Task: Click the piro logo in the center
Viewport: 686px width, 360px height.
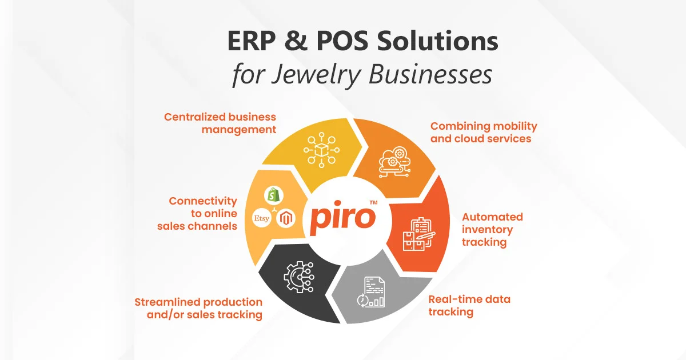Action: point(343,217)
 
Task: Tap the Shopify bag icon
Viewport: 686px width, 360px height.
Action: point(273,195)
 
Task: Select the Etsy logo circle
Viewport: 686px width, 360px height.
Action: point(262,218)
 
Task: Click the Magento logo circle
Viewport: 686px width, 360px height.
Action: point(286,218)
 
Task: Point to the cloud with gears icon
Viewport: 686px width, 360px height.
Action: point(395,162)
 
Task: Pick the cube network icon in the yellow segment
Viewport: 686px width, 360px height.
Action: point(321,150)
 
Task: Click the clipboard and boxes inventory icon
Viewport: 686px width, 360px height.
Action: point(419,234)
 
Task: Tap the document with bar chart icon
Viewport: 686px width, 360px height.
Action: point(371,293)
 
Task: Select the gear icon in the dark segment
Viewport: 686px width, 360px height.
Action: point(299,277)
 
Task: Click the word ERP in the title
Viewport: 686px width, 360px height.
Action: point(251,41)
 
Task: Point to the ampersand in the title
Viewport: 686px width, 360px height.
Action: point(296,41)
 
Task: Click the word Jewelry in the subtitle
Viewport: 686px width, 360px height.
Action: point(316,75)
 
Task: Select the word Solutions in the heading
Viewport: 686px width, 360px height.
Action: point(437,41)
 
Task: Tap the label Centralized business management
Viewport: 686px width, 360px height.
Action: point(220,123)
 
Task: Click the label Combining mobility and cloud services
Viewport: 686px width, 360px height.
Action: point(484,132)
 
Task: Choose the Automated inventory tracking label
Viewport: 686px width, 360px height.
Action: point(492,229)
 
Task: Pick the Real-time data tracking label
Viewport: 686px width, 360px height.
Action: point(469,306)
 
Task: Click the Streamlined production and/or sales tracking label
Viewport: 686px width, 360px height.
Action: point(198,308)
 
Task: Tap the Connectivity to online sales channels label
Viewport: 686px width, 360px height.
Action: point(197,213)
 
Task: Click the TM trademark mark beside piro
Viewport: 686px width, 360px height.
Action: point(373,202)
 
